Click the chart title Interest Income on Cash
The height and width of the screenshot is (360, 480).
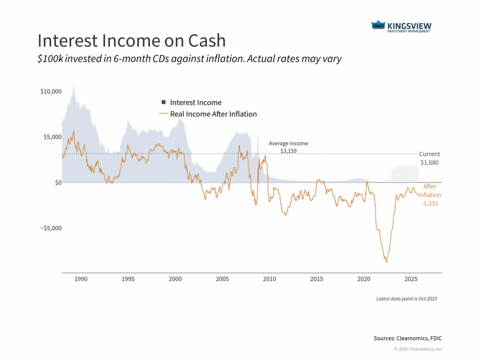pyautogui.click(x=131, y=41)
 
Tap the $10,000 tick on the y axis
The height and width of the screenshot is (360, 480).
pyautogui.click(x=51, y=91)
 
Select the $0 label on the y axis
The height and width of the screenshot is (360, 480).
pyautogui.click(x=58, y=182)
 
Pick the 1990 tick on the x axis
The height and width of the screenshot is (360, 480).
pyautogui.click(x=81, y=279)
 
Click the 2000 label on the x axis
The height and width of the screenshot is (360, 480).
pyautogui.click(x=175, y=279)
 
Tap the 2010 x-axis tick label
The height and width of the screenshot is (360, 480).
pyautogui.click(x=270, y=279)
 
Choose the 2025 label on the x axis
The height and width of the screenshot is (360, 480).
pyautogui.click(x=411, y=279)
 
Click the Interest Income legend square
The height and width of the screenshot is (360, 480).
pyautogui.click(x=164, y=102)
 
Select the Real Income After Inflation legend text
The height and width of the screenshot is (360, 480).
pyautogui.click(x=213, y=114)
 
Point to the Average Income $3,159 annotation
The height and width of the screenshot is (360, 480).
pyautogui.click(x=288, y=147)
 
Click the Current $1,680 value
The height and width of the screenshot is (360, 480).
pyautogui.click(x=429, y=163)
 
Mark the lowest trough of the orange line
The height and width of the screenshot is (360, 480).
pyautogui.click(x=387, y=262)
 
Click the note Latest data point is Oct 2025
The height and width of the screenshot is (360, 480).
pyautogui.click(x=406, y=299)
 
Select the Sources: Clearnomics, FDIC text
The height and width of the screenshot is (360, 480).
pyautogui.click(x=408, y=338)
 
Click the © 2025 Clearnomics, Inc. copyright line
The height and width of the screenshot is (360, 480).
pyautogui.click(x=418, y=349)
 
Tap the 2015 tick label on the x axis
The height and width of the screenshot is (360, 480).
pyautogui.click(x=317, y=279)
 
